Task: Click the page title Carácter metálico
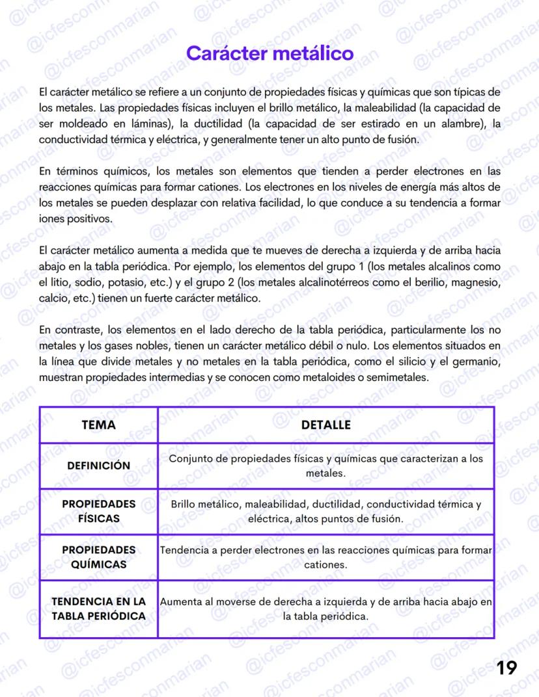[x=269, y=53]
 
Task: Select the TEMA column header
[x=98, y=425]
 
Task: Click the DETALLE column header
[x=325, y=425]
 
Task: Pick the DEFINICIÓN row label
[x=98, y=466]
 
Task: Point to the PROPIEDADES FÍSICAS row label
[x=98, y=511]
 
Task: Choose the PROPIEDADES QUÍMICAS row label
[x=98, y=557]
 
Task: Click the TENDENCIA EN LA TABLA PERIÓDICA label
[x=98, y=609]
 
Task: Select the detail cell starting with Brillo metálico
[x=325, y=512]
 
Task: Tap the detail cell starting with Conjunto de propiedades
[x=325, y=466]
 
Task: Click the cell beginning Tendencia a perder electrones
[x=325, y=557]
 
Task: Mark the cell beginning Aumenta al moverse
[x=325, y=609]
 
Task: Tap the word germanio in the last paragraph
[x=479, y=362]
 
